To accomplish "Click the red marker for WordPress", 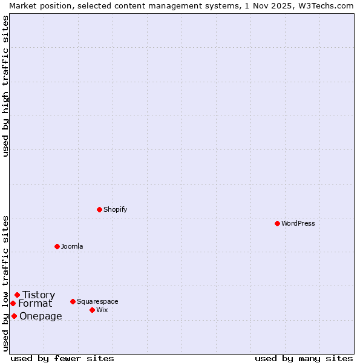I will pos(277,223).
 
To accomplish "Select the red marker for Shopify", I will pos(99,209).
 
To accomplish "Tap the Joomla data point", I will pos(57,246).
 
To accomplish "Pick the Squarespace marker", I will pos(73,301).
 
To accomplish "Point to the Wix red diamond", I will pos(92,310).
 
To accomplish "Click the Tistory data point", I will pos(17,295).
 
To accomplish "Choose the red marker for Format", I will pos(13,303).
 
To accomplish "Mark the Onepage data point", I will pos(14,316).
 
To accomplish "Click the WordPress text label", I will pos(298,223).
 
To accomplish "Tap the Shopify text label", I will pos(115,209).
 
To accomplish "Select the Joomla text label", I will pos(72,246).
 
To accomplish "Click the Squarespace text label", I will pos(97,301).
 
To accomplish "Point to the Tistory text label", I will pos(39,295).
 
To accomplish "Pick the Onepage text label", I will pos(41,316).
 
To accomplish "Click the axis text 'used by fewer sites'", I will pos(62,358).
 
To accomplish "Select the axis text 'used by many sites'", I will pos(304,358).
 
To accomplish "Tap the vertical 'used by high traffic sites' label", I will pos(5,86).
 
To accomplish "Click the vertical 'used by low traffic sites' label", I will pos(5,283).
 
